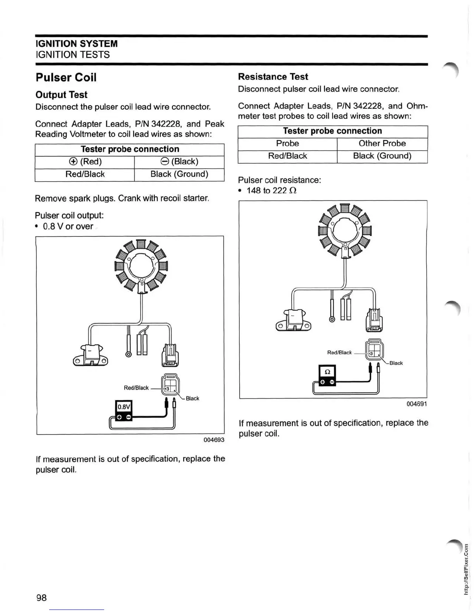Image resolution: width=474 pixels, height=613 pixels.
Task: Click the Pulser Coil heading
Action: point(66,77)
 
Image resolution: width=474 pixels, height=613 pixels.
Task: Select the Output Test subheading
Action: point(61,95)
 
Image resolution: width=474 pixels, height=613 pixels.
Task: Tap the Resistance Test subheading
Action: point(273,77)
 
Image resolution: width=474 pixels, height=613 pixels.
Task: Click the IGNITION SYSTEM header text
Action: point(76,44)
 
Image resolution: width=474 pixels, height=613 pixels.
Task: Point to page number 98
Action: point(41,598)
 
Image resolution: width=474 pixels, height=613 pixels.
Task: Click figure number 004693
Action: point(214,440)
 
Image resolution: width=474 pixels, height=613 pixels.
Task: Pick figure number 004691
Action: point(417,404)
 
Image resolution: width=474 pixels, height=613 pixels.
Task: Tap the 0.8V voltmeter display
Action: point(124,407)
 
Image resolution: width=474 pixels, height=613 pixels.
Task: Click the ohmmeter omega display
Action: point(327,372)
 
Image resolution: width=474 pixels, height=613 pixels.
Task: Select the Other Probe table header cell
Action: point(382,144)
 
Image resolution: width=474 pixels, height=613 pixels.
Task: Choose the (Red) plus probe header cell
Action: point(84,162)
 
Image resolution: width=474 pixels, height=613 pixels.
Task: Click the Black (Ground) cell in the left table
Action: point(179,174)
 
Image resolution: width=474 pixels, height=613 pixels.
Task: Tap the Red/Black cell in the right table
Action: point(287,156)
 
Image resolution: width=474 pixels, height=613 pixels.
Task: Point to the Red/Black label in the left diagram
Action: point(136,388)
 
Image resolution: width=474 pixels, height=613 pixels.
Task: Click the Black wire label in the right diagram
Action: point(396,363)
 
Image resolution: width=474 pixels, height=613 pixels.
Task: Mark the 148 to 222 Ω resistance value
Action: point(271,190)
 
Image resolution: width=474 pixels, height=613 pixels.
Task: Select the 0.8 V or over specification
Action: point(68,226)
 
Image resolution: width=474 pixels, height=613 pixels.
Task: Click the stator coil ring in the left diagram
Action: point(141,266)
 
